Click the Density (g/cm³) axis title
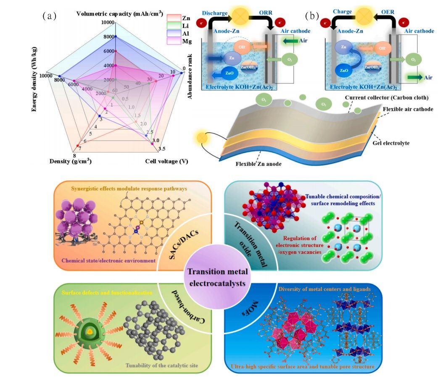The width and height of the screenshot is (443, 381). click(71, 161)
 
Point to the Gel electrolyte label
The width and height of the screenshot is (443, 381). click(391, 143)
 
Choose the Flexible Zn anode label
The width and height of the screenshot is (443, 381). click(258, 164)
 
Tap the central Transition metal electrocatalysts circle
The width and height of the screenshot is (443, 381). click(217, 278)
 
